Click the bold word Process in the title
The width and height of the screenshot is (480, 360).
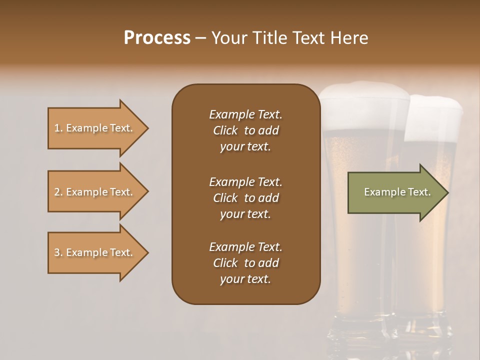157,37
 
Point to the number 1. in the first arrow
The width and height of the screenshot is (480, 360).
59,128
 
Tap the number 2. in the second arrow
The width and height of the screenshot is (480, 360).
59,192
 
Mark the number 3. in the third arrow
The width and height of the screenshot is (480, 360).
59,252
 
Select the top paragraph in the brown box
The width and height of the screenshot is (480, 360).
245,130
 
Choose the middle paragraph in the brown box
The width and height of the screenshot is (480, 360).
245,198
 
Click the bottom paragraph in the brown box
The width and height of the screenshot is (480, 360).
245,263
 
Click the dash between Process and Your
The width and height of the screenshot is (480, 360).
200,38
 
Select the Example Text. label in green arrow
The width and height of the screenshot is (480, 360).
397,192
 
